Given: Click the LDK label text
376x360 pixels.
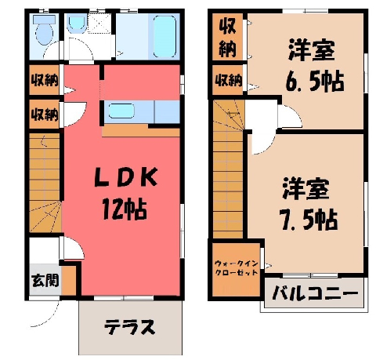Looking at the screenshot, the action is [x=126, y=177].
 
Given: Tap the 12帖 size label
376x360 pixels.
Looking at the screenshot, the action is [x=125, y=209].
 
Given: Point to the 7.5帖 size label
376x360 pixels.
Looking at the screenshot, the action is [x=309, y=219].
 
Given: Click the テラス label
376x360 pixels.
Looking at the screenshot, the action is [x=130, y=326].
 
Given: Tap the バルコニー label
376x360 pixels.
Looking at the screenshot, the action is [x=314, y=293].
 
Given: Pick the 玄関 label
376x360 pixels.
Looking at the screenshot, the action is [x=45, y=281].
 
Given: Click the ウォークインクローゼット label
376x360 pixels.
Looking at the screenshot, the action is [x=236, y=268].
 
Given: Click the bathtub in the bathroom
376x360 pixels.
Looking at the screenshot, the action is [x=164, y=36].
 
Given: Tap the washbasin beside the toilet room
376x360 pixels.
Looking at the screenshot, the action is [x=77, y=24].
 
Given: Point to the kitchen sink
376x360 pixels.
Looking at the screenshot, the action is [x=121, y=111].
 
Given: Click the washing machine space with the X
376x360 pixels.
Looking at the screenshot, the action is [x=99, y=24].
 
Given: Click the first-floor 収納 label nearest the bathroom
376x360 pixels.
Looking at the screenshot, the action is [x=45, y=80].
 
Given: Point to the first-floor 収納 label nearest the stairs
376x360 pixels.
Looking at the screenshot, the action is [x=45, y=114].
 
